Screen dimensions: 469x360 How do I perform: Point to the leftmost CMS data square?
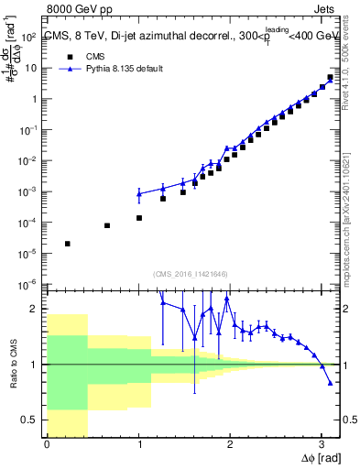point(68,244)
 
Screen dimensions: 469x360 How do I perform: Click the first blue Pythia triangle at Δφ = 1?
point(139,194)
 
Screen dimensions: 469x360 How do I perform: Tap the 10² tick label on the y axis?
point(29,37)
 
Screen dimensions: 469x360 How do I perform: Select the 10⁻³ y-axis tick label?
point(29,191)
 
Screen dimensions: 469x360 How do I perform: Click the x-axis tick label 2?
point(230,446)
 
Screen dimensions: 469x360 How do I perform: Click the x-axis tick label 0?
point(47,446)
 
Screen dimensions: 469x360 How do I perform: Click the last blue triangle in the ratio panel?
point(330,383)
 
